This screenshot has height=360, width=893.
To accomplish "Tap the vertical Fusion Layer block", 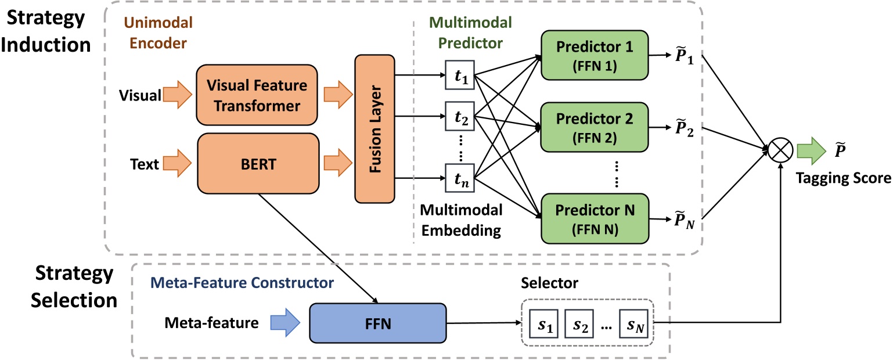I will coord(374,128).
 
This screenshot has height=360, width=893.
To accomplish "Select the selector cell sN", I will coord(636,322).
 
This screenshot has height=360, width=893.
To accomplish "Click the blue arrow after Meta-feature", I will coord(285,321).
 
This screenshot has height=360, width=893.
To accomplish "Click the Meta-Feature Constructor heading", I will coord(242,284).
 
